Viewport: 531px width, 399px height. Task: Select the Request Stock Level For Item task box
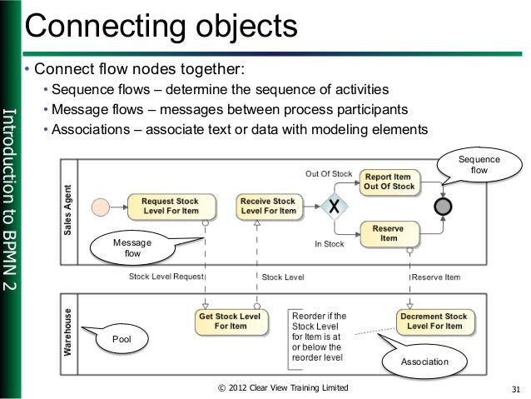tap(170, 206)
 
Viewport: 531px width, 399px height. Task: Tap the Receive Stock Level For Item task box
tap(267, 206)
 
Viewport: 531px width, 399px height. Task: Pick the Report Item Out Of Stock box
tap(388, 182)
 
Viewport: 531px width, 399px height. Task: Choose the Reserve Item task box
tap(388, 233)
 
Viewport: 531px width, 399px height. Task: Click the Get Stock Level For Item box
tap(229, 322)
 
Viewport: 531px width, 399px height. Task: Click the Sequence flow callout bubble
tap(479, 164)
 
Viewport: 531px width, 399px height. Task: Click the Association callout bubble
tap(424, 362)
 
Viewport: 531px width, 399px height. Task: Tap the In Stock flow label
tap(330, 244)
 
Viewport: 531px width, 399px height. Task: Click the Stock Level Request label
tap(166, 276)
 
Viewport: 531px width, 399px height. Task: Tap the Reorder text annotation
tap(320, 337)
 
